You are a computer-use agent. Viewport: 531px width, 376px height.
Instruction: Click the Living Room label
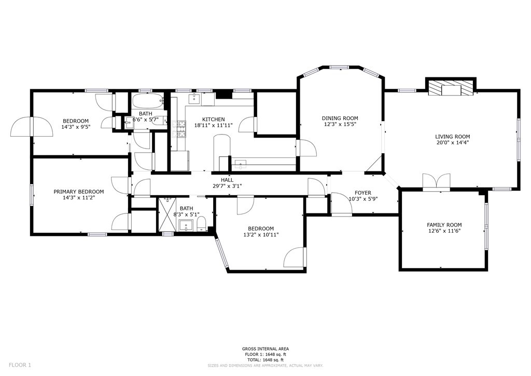452,137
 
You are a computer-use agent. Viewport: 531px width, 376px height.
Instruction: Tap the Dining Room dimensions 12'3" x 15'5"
340,125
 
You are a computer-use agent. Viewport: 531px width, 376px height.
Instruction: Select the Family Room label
444,225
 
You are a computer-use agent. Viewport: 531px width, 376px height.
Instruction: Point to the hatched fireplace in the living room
450,88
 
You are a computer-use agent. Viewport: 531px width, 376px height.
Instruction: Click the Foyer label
362,193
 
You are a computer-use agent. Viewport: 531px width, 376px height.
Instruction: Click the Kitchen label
213,119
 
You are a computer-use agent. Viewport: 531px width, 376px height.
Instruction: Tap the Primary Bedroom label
78,191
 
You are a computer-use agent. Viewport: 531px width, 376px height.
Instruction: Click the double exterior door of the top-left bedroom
32,127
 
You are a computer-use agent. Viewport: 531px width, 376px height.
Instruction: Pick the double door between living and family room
437,182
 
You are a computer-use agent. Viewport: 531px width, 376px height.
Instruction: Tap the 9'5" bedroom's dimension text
76,127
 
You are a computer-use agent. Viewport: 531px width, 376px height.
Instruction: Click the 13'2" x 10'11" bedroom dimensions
260,235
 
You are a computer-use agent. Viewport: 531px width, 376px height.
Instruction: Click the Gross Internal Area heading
265,348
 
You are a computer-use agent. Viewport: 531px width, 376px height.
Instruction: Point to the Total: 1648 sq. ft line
265,360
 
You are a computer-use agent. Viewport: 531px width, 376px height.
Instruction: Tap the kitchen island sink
240,165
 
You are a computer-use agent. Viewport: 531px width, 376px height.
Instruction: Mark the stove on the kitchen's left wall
181,128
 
